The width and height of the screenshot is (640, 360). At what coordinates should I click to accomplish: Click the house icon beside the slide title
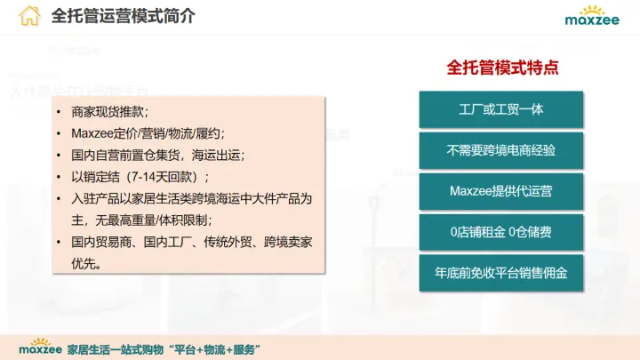(x=30, y=16)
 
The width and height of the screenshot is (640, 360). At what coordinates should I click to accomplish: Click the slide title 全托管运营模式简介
(x=124, y=16)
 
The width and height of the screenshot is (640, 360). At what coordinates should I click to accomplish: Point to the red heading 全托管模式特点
(x=501, y=68)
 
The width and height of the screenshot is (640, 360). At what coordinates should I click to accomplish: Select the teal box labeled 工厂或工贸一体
(x=501, y=109)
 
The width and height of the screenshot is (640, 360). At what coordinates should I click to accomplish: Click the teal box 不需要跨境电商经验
(x=501, y=150)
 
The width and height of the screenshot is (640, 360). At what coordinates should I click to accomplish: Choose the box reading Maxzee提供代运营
(x=501, y=191)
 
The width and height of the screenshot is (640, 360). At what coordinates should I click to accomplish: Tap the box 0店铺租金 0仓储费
(x=501, y=232)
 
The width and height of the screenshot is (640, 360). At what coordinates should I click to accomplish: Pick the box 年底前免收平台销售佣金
(x=501, y=273)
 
